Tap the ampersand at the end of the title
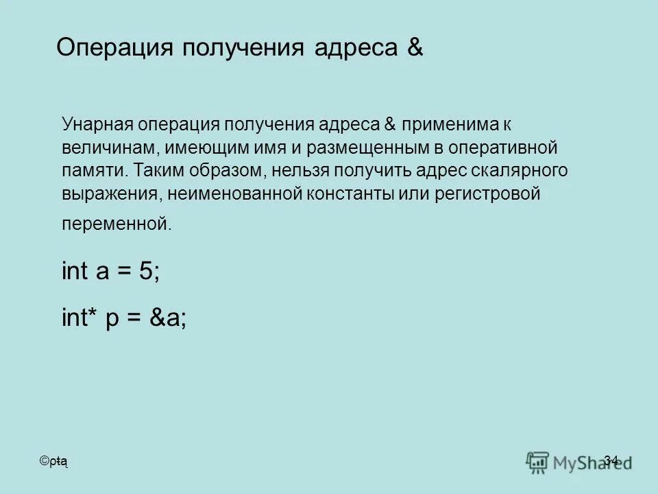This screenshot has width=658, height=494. tap(415, 49)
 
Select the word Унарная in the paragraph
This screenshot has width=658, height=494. tap(95, 125)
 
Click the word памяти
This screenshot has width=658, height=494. tap(91, 171)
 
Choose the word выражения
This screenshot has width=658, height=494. tap(110, 194)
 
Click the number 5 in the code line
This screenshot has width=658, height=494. tap(147, 272)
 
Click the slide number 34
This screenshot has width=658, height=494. tap(611, 460)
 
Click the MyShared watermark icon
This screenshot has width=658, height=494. tap(538, 462)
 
